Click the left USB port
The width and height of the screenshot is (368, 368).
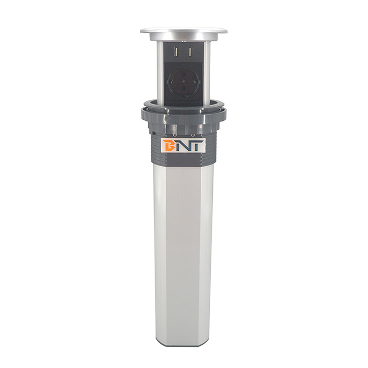click(x=175, y=52)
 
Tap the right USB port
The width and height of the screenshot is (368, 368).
click(x=191, y=52)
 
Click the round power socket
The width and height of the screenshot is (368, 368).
click(x=183, y=83)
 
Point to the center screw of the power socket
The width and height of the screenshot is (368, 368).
click(x=183, y=83)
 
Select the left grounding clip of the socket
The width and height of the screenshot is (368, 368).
click(x=169, y=83)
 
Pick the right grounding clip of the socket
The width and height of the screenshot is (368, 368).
click(x=197, y=83)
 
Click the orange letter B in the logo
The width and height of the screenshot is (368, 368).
click(x=169, y=146)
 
